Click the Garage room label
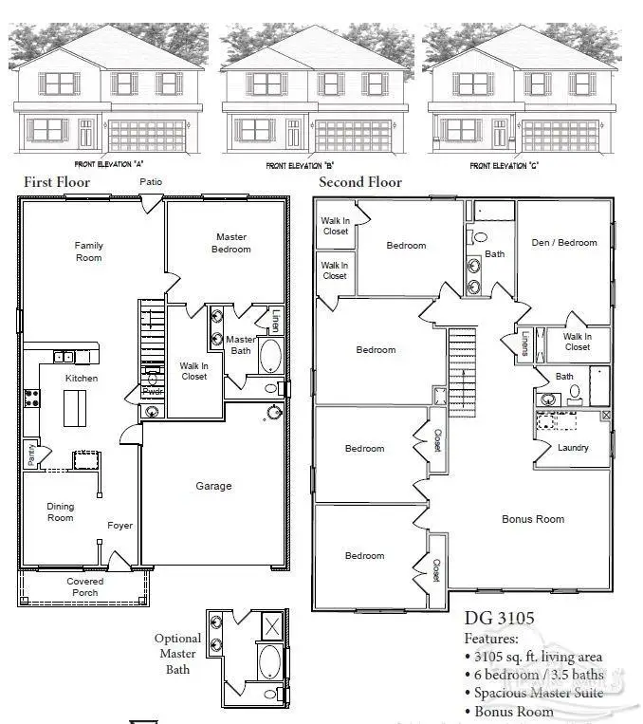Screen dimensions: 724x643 point(213,486)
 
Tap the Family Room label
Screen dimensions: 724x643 point(89,251)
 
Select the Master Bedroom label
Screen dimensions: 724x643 point(231,243)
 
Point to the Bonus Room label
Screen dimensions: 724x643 point(533,519)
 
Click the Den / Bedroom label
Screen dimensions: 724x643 point(564,243)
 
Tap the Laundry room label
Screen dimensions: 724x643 point(573,448)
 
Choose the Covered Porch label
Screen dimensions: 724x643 point(85,587)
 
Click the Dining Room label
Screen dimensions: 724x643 point(60,512)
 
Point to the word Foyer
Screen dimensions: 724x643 point(119,526)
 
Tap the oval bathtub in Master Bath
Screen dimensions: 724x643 point(270,358)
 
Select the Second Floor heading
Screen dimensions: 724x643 point(360,182)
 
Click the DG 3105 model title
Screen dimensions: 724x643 point(499,619)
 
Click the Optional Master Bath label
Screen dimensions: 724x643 point(177,654)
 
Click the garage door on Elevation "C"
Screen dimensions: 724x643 point(560,136)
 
